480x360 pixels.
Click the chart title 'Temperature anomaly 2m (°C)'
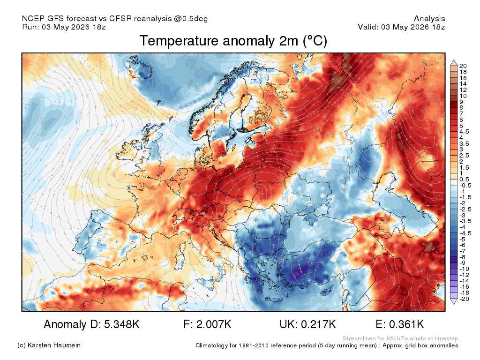(x=233, y=41)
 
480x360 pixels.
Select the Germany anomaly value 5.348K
(x=122, y=324)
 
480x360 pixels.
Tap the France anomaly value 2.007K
(x=214, y=324)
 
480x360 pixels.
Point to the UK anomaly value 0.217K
(x=318, y=324)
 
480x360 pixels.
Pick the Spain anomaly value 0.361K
(x=406, y=324)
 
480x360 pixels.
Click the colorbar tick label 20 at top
(x=463, y=66)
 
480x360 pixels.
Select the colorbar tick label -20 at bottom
(x=464, y=299)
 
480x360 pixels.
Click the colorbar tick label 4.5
(x=464, y=132)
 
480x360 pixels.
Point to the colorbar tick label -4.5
(x=465, y=233)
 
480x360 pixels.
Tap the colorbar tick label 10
(x=463, y=96)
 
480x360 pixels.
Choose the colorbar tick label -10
(x=464, y=269)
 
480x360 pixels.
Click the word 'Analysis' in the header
(x=429, y=19)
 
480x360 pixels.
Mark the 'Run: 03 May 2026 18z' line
(x=64, y=27)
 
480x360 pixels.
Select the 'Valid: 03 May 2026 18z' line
(x=401, y=27)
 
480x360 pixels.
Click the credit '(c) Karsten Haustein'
(x=49, y=345)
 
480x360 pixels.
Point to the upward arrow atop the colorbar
(x=454, y=63)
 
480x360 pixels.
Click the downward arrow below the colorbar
(x=454, y=301)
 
